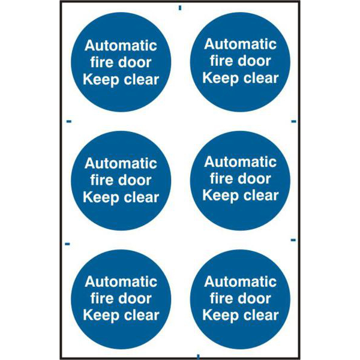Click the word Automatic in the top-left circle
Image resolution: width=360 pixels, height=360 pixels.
pyautogui.click(x=121, y=46)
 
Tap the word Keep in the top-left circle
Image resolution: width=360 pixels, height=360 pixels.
pyautogui.click(x=101, y=80)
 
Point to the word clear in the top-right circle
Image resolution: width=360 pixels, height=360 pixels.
pyautogui.click(x=261, y=78)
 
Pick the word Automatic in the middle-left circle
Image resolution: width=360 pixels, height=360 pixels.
pyautogui.click(x=121, y=163)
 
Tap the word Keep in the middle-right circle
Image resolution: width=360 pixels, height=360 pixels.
pyautogui.click(x=221, y=196)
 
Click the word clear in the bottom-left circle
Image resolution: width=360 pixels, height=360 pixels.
pyautogui.click(x=142, y=315)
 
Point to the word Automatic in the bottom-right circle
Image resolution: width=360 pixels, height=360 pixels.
pyautogui.click(x=241, y=282)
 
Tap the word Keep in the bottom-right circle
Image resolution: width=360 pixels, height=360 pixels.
pyautogui.click(x=221, y=316)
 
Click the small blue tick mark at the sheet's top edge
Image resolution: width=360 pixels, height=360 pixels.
pyautogui.click(x=180, y=8)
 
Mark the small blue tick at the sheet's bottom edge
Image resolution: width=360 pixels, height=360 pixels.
pyautogui.click(x=199, y=356)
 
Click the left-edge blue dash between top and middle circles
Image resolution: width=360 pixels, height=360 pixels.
pyautogui.click(x=69, y=121)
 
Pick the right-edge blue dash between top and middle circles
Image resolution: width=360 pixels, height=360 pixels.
pyautogui.click(x=293, y=121)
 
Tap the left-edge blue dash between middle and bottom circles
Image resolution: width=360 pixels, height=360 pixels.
pyautogui.click(x=67, y=244)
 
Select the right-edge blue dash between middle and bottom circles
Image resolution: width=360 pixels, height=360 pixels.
pyautogui.click(x=293, y=240)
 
